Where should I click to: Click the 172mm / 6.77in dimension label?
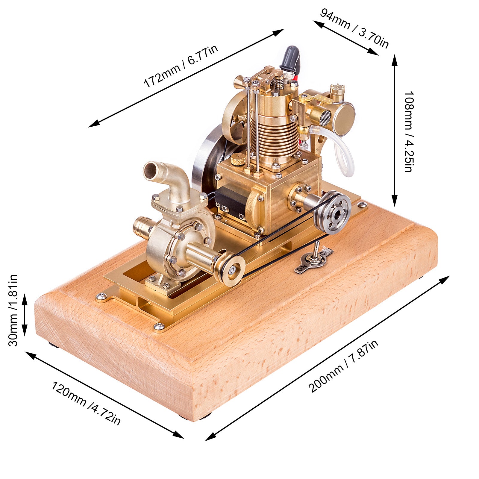[x=181, y=66]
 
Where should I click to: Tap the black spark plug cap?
[x=290, y=57]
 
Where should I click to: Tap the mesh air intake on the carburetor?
[x=325, y=118]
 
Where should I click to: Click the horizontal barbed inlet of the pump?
[x=144, y=226]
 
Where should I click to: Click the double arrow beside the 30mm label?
[x=25, y=314]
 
